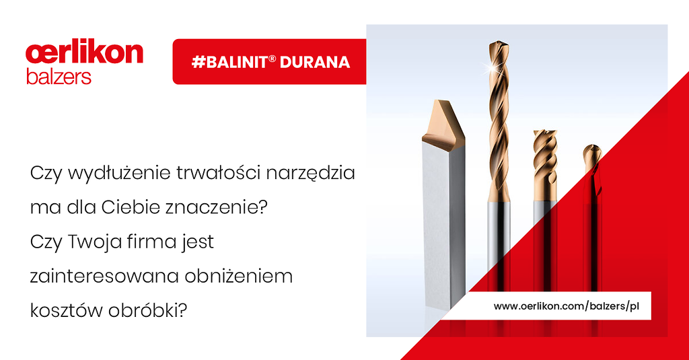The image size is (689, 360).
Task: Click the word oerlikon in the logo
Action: click(x=84, y=53)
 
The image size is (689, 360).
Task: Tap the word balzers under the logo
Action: click(x=59, y=77)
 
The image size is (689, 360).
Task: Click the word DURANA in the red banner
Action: click(x=315, y=62)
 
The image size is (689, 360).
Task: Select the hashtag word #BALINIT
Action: click(x=230, y=62)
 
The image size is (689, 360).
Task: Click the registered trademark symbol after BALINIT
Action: click(x=272, y=58)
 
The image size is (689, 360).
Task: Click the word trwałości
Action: click(x=219, y=172)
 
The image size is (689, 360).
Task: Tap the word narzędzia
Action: click(x=311, y=173)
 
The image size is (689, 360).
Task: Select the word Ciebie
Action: click(x=131, y=207)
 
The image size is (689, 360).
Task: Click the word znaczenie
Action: click(x=213, y=207)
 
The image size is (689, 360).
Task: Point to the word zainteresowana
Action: click(x=104, y=276)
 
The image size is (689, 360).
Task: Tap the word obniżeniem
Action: click(x=239, y=276)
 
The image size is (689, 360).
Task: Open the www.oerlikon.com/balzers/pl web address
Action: click(x=567, y=306)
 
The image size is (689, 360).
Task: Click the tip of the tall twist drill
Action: click(x=500, y=42)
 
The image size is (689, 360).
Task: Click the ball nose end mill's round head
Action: click(x=592, y=153)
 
